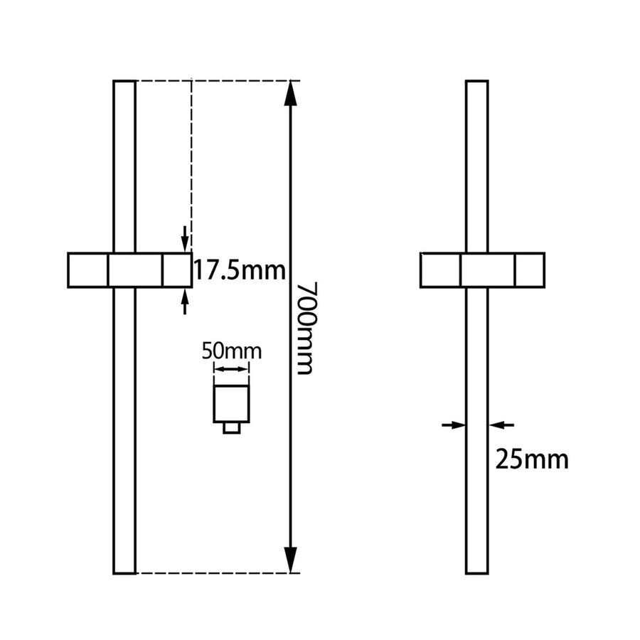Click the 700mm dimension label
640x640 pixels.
306,328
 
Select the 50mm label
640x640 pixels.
232,351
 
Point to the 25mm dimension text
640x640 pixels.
532,460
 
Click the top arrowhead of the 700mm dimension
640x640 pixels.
290,93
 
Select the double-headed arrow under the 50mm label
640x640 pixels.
232,368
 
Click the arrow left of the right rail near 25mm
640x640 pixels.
452,425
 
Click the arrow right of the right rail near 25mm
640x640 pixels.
502,425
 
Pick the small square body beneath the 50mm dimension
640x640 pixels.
232,404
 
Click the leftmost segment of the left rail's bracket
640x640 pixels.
87,270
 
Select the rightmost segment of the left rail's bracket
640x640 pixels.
176,270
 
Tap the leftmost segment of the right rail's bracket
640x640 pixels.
440,270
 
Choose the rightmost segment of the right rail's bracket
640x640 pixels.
530,270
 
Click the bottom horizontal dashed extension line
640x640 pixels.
213,573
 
